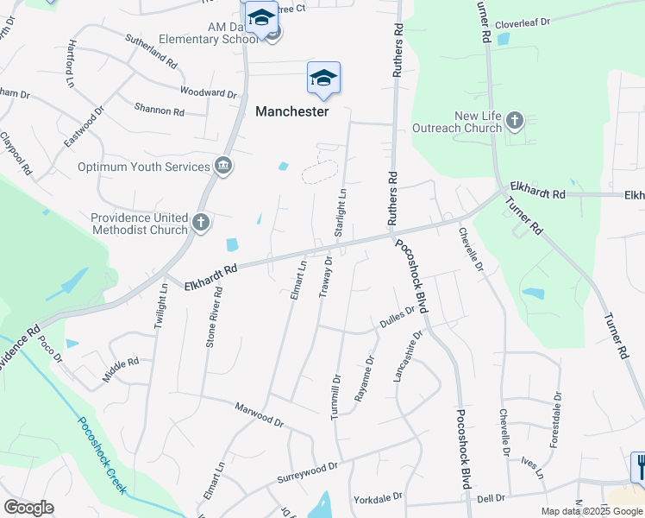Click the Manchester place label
coord(291,111)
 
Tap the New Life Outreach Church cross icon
coord(515,120)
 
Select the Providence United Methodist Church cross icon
coord(200,223)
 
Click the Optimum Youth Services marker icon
coord(223,166)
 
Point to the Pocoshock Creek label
coord(102,455)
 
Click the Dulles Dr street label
coord(398,320)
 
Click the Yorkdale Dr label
coord(378,499)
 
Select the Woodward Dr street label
coord(208,92)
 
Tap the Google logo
coord(28,508)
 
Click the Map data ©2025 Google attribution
coord(591,511)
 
